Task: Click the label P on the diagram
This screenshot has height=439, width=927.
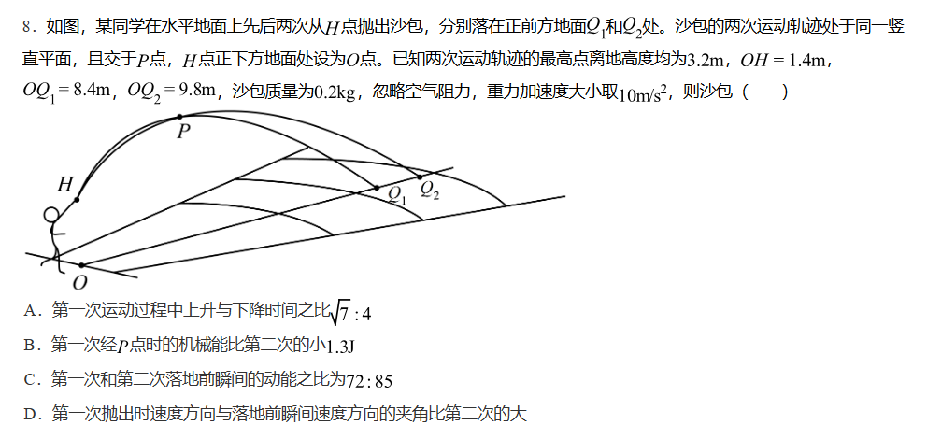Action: point(184,131)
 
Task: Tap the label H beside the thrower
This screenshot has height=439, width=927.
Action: point(64,185)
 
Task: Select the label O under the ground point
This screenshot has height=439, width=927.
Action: point(80,282)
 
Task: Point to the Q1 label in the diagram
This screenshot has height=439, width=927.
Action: point(398,194)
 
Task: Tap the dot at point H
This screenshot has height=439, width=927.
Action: point(77,199)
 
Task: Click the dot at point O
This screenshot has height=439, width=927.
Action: point(81,265)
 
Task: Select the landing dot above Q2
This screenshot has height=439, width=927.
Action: point(420,177)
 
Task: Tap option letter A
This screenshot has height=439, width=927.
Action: point(31,311)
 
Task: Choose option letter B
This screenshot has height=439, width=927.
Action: point(31,346)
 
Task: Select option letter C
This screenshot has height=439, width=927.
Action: point(31,379)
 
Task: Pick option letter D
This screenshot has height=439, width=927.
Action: point(31,413)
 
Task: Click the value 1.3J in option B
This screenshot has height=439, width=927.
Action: point(341,347)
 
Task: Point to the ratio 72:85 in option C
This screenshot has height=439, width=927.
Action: point(369,380)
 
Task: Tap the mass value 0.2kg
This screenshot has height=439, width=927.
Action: point(336,92)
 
